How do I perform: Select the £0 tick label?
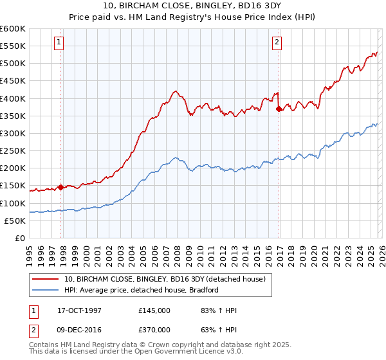[19, 239]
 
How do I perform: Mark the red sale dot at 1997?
[61, 188]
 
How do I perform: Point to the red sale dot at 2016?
[279, 109]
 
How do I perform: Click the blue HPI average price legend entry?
[142, 290]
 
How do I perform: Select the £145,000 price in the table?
[154, 310]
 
